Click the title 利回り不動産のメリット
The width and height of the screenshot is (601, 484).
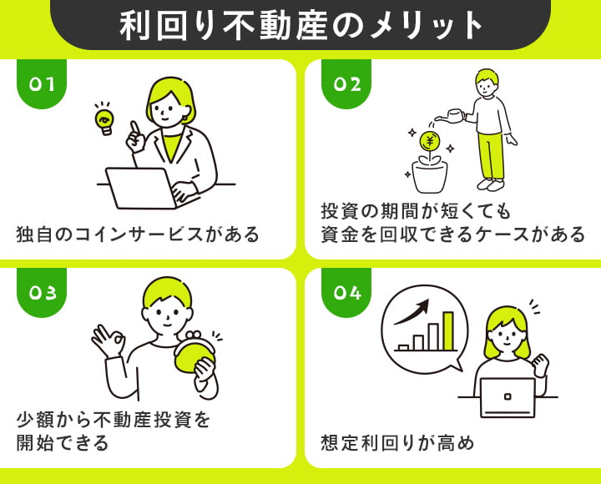point(300,25)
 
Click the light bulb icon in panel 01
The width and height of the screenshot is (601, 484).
point(104,120)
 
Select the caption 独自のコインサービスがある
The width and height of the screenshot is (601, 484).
point(138,234)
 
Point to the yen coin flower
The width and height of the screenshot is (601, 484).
point(430,141)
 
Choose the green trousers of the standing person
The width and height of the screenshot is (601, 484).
point(490,154)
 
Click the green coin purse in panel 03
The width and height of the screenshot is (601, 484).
point(194,351)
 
